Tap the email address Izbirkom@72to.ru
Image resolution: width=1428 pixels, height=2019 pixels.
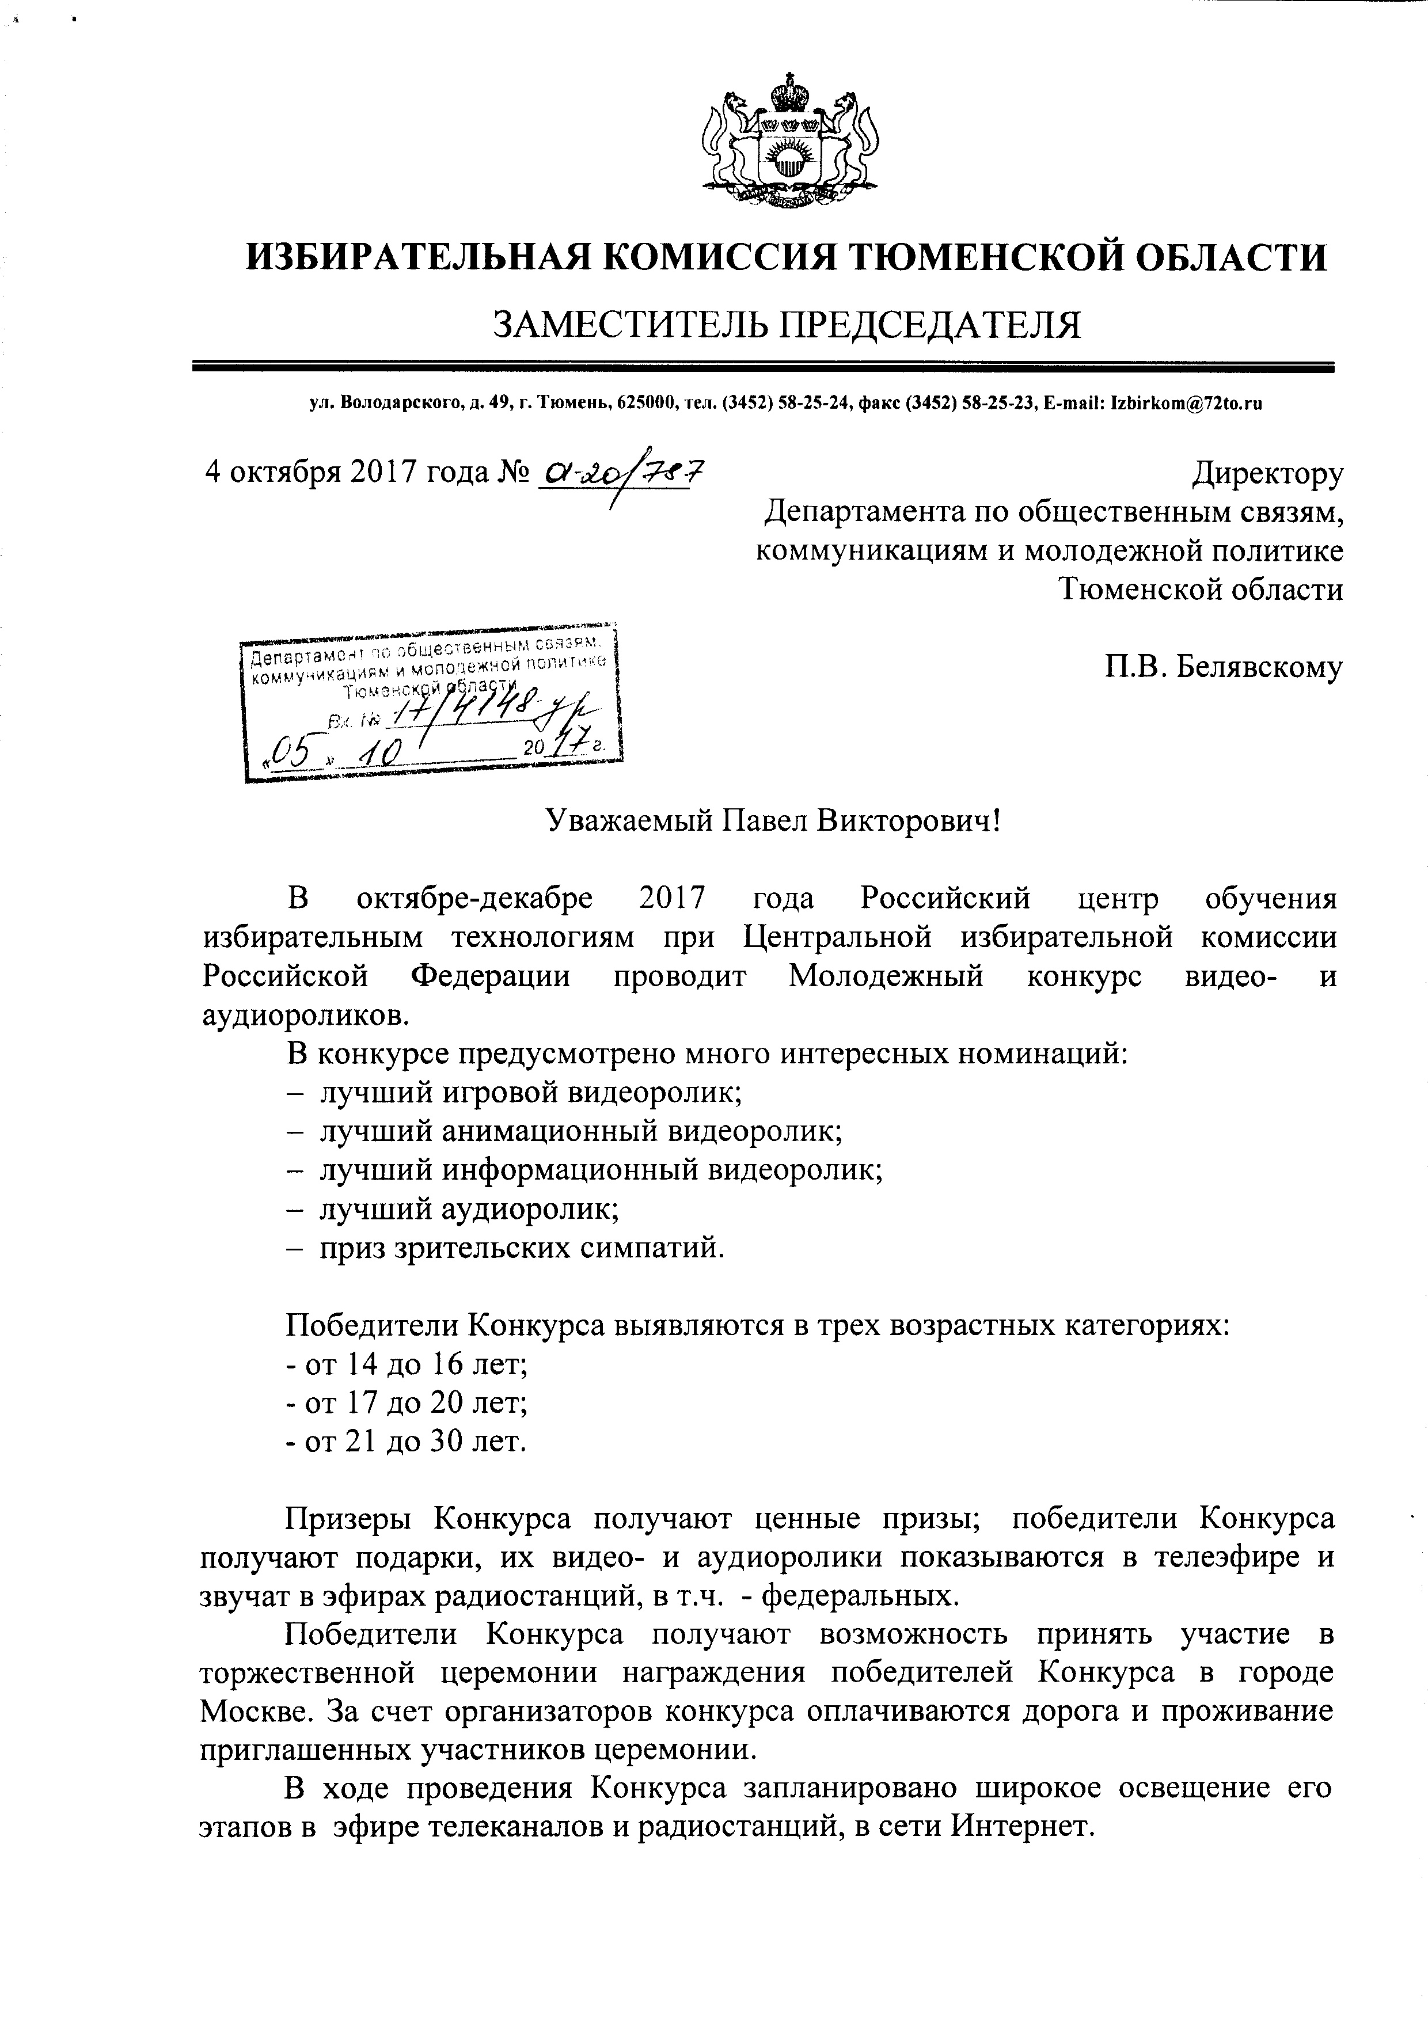pos(1187,405)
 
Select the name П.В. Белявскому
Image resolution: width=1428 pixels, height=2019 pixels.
pos(1224,667)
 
